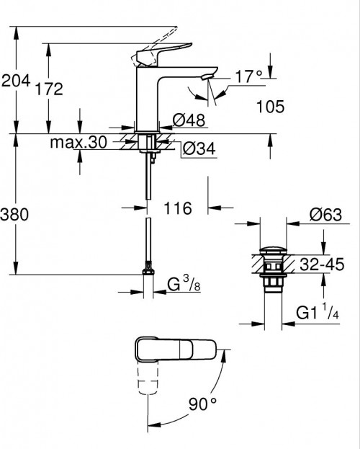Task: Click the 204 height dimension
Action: (16, 82)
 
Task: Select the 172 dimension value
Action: (49, 89)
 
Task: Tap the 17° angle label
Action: (248, 74)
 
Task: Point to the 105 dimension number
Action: (269, 107)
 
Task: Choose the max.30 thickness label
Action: (78, 143)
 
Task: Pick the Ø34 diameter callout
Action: (197, 148)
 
